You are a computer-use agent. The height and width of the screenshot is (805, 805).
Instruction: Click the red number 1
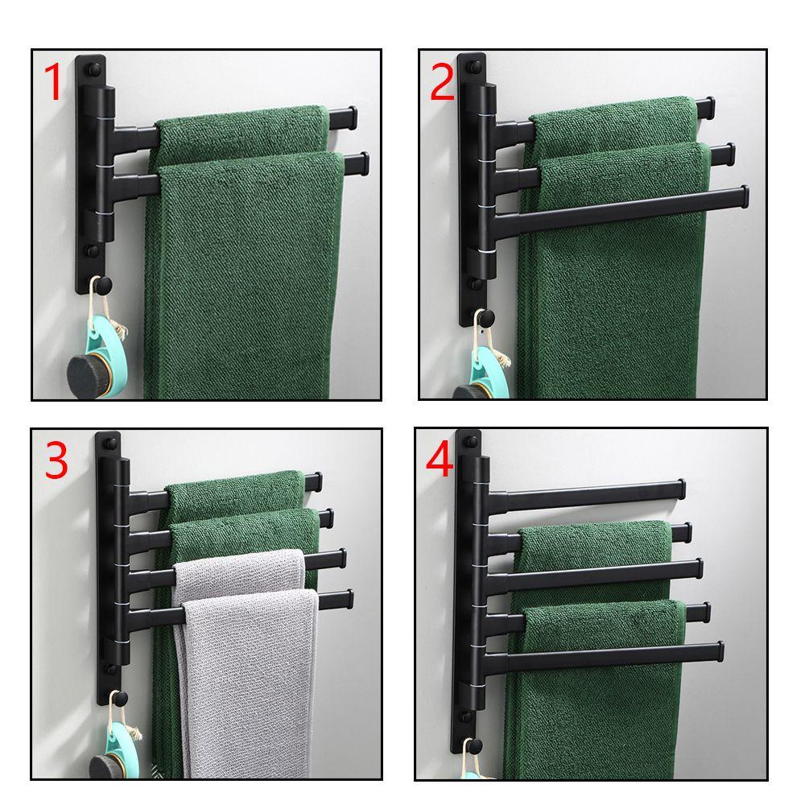[53, 81]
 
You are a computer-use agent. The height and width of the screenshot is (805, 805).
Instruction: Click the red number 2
[442, 82]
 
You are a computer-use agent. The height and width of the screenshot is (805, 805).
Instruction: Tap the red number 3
[56, 460]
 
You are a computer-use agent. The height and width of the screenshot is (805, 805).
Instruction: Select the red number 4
[440, 459]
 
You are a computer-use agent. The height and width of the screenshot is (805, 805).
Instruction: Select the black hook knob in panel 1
[104, 283]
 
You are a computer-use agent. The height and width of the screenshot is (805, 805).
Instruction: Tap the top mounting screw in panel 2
[475, 66]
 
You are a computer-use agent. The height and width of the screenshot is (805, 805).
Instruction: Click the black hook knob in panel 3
[120, 698]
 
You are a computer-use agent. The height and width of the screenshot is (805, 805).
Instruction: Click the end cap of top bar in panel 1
[353, 118]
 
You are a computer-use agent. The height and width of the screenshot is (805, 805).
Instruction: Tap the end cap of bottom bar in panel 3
[349, 599]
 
